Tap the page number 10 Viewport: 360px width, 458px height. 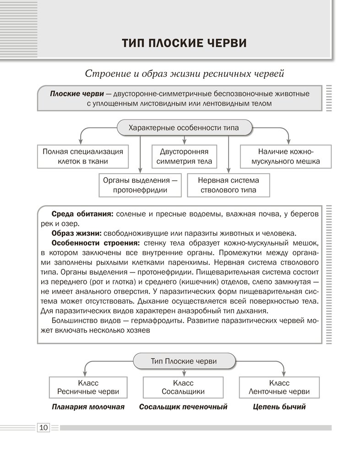coord(44,427)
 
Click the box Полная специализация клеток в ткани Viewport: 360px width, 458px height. coord(83,156)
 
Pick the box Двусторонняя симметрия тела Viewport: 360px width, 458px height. coord(184,156)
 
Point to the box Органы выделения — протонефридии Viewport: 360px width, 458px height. coord(140,185)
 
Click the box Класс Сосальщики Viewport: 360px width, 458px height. coord(183,387)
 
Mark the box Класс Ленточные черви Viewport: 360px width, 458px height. coord(279,387)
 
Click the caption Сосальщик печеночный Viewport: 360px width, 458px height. coord(183,406)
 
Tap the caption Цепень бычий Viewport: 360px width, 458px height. coord(279,406)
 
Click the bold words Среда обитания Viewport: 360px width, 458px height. coord(82,214)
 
